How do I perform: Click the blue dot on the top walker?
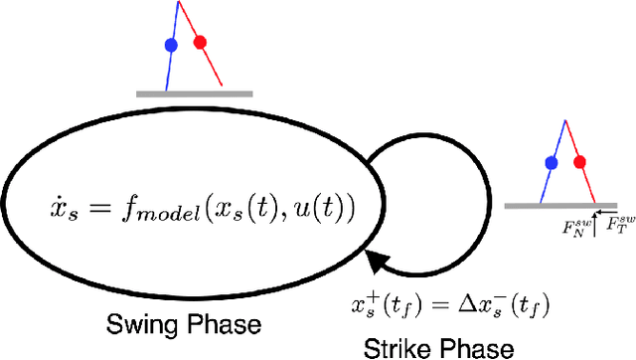tap(171, 45)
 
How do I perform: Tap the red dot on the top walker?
tap(200, 43)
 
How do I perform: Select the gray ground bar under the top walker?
tap(195, 93)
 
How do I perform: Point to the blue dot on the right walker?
tap(550, 162)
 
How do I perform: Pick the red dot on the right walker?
tap(580, 160)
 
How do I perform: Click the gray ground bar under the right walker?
tap(562, 206)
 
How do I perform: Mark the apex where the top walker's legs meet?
tap(179, 2)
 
